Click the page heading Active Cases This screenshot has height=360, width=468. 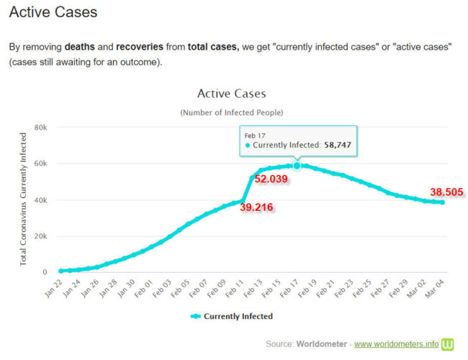(53, 12)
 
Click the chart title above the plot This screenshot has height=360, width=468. (231, 94)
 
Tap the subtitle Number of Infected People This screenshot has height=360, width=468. (231, 112)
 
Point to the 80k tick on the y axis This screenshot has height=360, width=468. (40, 127)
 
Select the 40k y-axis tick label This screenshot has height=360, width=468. (40, 200)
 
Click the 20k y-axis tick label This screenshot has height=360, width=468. (40, 236)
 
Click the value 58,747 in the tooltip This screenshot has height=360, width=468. (338, 145)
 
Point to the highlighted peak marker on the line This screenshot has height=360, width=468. (296, 166)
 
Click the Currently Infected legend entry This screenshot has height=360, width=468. (231, 316)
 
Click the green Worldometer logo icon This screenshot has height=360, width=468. (448, 343)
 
